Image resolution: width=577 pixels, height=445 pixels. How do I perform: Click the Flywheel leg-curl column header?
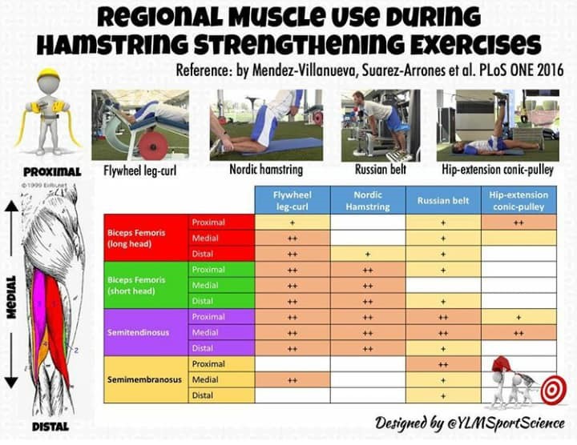293,200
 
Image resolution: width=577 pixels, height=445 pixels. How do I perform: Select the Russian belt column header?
443,200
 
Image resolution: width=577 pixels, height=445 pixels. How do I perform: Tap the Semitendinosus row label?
138,333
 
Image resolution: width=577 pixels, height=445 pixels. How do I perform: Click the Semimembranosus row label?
144,379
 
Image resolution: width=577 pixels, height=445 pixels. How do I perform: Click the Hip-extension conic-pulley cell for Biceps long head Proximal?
518,222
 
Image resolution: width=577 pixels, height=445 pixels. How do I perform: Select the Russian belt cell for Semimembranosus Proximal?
443,364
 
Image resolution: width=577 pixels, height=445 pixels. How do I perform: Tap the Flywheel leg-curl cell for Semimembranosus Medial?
293,380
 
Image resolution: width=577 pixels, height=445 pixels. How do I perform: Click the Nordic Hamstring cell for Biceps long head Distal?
368,254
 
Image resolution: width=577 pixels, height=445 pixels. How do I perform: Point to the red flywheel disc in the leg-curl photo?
153,146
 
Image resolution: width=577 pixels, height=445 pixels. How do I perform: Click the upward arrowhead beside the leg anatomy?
11,206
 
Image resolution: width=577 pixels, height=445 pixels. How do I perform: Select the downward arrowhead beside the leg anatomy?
11,382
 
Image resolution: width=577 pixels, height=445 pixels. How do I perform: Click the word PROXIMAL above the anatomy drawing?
52,172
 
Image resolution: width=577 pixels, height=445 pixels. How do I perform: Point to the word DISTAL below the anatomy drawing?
50,427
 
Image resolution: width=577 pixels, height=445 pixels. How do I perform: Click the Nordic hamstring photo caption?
266,170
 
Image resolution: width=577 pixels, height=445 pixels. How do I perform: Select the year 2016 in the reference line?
551,70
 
